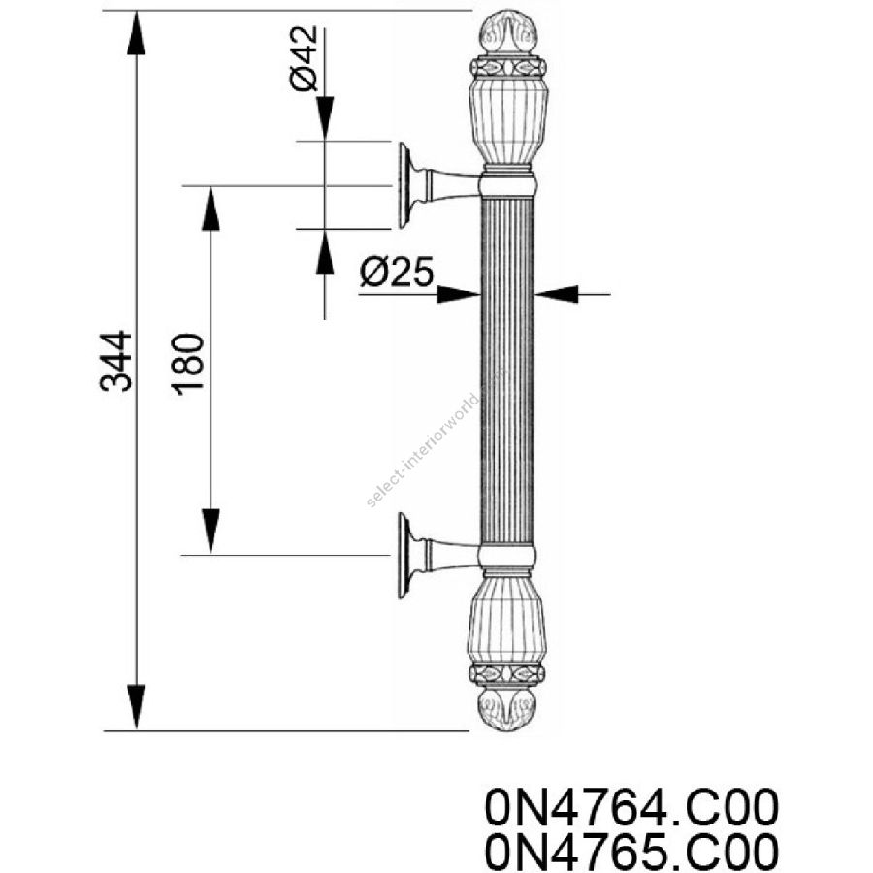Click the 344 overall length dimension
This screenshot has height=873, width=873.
pos(115,361)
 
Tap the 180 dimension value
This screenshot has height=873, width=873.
pos(188,364)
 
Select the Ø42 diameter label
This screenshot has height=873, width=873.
pos(304,58)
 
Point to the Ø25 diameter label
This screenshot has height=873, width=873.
pos(397,272)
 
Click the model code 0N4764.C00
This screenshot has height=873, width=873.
pos(631,807)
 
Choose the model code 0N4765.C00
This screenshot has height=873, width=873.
pos(631,853)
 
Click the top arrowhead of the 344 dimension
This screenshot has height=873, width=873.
pos(137,32)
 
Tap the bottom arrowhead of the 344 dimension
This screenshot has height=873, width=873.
pos(137,707)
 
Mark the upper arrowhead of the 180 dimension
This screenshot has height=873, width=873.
pos(210,209)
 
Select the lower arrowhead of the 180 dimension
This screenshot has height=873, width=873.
pos(210,532)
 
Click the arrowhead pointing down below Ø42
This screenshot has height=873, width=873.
pos(325,118)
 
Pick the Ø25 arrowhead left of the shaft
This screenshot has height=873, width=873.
pos(458,294)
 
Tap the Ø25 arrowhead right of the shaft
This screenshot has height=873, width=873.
pos(557,294)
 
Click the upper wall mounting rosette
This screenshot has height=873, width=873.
pos(406,185)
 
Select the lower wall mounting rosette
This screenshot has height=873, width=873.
pos(405,556)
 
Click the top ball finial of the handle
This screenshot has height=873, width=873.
pos(507,32)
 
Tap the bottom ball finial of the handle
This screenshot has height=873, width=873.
pos(507,710)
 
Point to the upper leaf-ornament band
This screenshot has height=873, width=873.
pos(507,68)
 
